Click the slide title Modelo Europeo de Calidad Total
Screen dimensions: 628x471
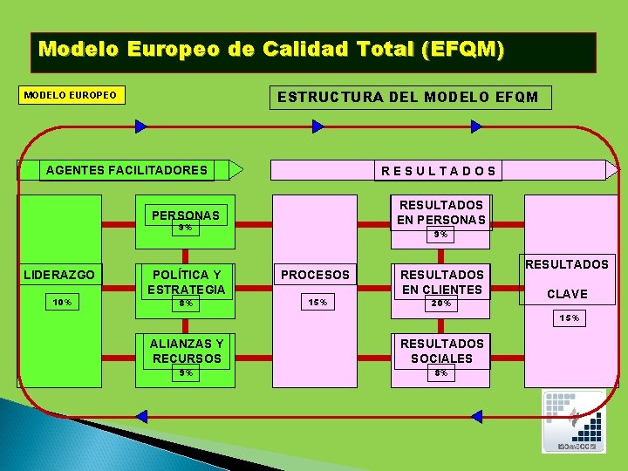point(271,49)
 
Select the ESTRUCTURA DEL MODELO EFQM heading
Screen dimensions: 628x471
point(408,97)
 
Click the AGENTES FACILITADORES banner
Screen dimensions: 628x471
point(126,170)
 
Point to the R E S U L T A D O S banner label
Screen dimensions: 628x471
point(439,171)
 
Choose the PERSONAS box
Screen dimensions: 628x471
point(185,215)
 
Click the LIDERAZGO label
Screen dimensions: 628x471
point(60,274)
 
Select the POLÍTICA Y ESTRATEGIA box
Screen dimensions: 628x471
point(186,282)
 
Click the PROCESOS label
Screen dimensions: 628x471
point(315,275)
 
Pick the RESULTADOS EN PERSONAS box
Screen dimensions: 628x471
point(441,212)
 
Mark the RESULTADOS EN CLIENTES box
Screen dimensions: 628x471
point(441,282)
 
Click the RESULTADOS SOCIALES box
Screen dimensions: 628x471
point(441,351)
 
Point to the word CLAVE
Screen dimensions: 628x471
point(566,294)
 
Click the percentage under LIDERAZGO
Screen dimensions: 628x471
point(62,303)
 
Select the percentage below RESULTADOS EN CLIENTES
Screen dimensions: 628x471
point(441,304)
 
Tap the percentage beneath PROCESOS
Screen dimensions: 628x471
point(317,303)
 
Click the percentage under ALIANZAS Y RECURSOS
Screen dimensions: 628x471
point(185,372)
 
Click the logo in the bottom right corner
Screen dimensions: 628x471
point(573,420)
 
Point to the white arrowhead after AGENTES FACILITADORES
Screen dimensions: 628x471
point(235,169)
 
